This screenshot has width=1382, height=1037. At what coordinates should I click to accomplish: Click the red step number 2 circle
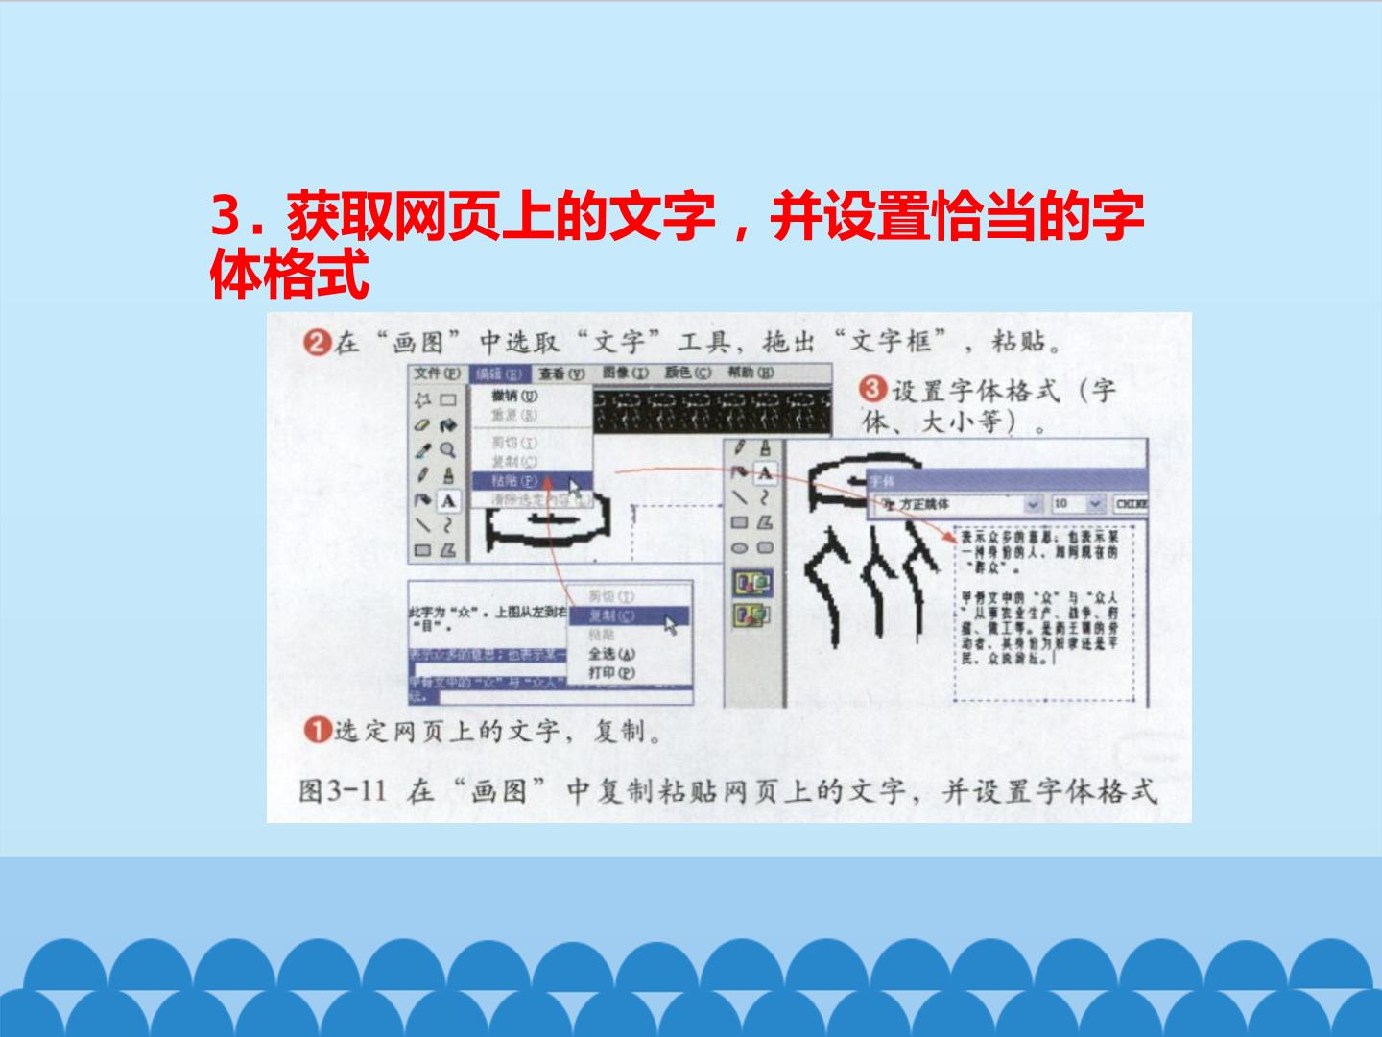point(317,342)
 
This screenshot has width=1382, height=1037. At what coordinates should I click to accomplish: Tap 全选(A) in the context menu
point(611,654)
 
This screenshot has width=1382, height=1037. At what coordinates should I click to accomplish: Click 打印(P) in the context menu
point(611,673)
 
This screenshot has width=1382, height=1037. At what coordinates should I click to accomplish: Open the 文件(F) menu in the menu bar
point(438,374)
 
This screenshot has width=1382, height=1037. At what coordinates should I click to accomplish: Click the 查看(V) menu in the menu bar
point(561,374)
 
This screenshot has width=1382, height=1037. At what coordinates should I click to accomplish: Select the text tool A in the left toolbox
point(448,500)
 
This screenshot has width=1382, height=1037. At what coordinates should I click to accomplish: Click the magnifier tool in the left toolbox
point(447,449)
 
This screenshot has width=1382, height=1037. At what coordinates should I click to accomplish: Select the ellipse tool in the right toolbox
point(739,548)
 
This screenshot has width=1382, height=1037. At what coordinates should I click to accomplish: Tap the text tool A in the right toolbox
point(765,472)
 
